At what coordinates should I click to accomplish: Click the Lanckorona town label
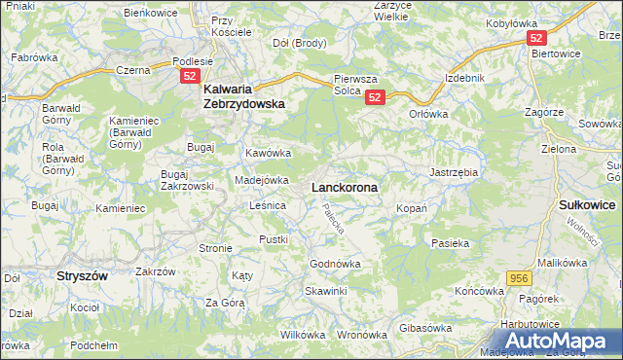[x=344, y=186]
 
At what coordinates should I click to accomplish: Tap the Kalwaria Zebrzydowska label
[x=243, y=91]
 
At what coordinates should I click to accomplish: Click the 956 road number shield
[x=518, y=278]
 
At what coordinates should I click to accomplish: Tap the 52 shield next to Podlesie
[x=191, y=76]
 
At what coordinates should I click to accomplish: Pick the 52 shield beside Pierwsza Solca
[x=377, y=96]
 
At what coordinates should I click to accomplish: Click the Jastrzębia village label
[x=453, y=172]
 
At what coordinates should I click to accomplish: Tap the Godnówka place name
[x=335, y=264]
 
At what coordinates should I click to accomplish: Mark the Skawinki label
[x=325, y=291]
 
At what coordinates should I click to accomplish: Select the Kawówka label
[x=269, y=154]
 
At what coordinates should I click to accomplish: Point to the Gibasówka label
[x=425, y=328]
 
